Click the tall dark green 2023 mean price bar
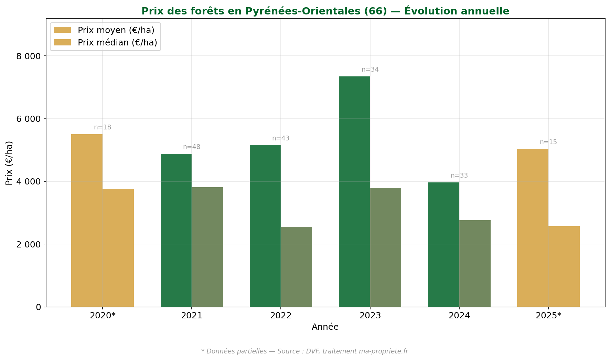[x=354, y=191]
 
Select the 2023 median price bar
[x=385, y=247]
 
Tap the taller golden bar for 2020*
[x=87, y=220]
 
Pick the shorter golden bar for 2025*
[x=564, y=266]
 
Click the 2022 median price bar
[x=296, y=267]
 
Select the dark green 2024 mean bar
[x=443, y=244]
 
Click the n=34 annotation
[x=370, y=70]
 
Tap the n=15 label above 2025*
[x=548, y=142]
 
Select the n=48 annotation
[x=191, y=147]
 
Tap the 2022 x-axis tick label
[x=281, y=316]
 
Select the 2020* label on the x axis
[x=103, y=316]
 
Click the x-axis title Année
[x=325, y=327]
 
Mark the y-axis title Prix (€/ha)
[x=9, y=163]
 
